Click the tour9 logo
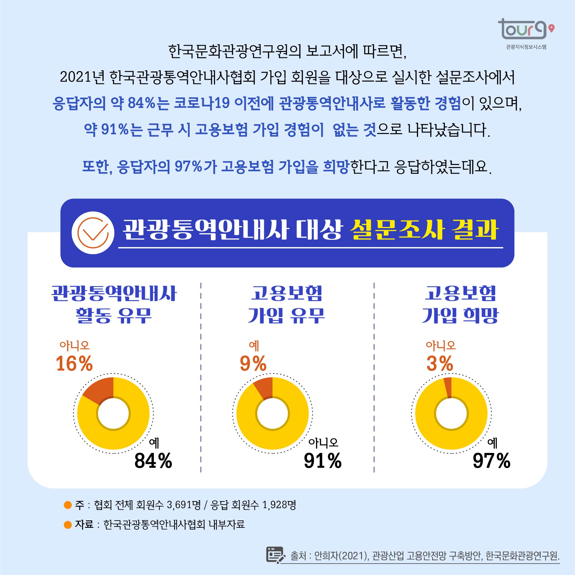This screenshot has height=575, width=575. (525, 29)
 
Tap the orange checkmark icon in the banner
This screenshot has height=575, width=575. (93, 233)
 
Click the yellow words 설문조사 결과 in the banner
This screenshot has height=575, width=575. (424, 230)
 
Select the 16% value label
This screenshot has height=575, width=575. (74, 363)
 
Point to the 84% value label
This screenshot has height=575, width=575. (153, 461)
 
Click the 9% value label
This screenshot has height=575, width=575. (253, 363)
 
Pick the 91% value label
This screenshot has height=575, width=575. (323, 461)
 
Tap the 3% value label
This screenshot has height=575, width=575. (440, 363)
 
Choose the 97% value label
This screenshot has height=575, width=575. (492, 461)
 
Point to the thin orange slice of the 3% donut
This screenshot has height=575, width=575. (448, 387)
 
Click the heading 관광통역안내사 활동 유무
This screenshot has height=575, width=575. (114, 305)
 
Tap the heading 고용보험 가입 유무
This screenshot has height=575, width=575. (287, 305)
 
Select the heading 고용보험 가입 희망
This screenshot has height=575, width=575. (460, 305)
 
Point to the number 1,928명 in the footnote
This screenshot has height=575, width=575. (279, 505)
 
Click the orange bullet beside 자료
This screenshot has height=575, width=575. (68, 525)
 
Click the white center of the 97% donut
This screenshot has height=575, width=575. (451, 414)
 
